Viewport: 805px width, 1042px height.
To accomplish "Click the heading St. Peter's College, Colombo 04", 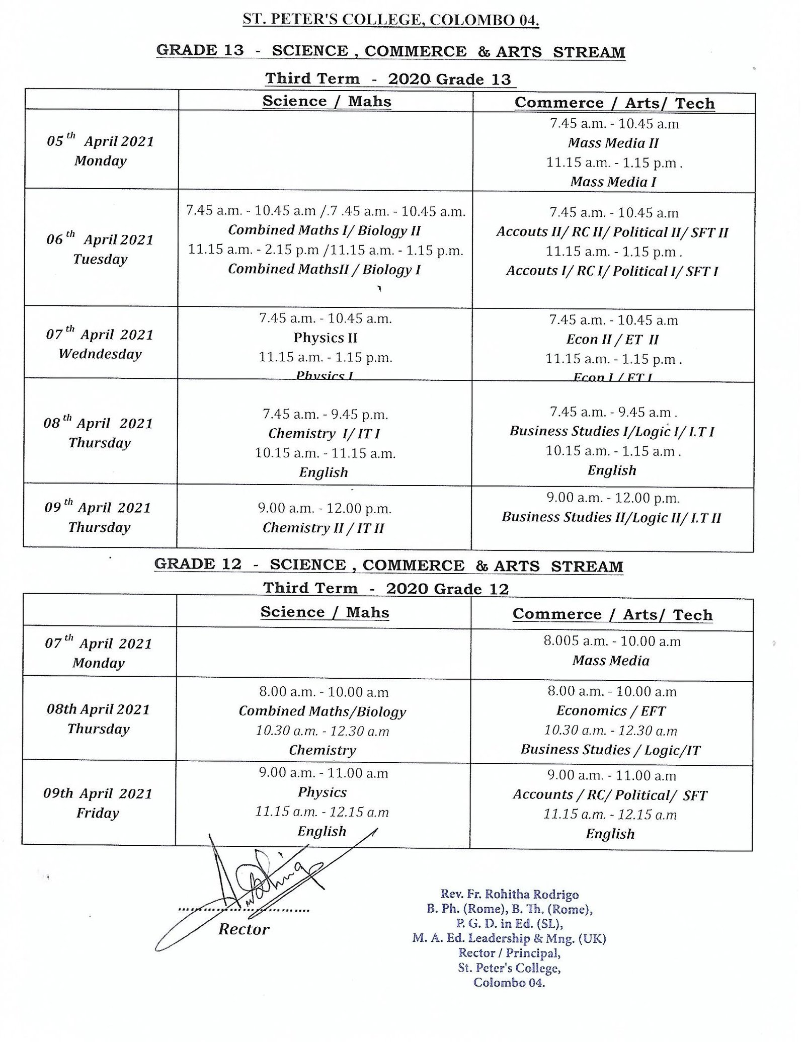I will coord(391,21).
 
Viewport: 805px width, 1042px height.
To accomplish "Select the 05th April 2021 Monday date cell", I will coord(100,150).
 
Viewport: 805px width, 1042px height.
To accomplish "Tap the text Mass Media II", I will coord(613,143).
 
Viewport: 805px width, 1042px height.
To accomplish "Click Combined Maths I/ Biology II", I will coord(325,230).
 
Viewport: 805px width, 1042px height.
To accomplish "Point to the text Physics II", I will coord(325,338).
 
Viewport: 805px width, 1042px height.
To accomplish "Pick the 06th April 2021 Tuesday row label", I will coord(100,249).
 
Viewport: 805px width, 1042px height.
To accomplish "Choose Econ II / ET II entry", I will coord(612,340).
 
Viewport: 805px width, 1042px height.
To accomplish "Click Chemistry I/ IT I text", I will coord(324,433).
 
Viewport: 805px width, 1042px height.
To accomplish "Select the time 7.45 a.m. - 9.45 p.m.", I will coord(325,415).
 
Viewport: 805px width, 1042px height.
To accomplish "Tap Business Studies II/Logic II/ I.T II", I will coord(611,517).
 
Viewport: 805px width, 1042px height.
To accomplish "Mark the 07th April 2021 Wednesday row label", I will coord(100,344).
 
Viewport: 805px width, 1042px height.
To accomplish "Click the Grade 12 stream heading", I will coord(388,565).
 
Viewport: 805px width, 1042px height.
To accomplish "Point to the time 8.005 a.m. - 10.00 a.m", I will coord(612,642).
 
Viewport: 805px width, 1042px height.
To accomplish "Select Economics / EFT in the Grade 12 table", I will coord(611,711).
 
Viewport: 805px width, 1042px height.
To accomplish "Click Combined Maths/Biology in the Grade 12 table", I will coord(322,711).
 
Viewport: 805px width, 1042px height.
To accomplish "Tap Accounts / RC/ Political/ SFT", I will coord(610,795).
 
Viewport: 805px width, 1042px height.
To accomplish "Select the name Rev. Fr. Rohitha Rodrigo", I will coord(509,894).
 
